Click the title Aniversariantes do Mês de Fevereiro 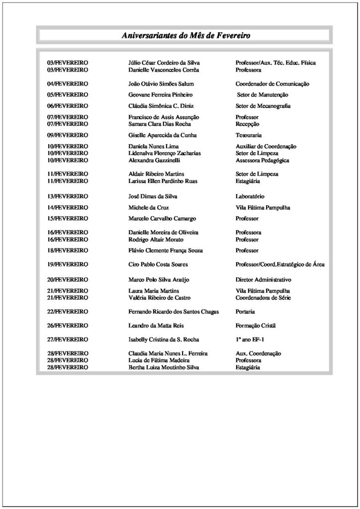pos(186,36)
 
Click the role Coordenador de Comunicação pos(272,84)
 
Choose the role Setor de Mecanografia pos(263,106)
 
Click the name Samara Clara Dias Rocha pos(160,124)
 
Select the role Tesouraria pos(249,135)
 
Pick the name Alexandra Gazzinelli pos(154,161)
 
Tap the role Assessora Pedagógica pos(263,161)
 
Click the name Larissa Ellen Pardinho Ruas pos(163,181)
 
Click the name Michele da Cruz pos(149,207)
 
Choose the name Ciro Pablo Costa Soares pos(158,264)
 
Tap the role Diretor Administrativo pos(264,280)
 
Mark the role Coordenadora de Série pos(264,297)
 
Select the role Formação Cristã pos(255,326)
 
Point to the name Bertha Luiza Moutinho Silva pos(162,367)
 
